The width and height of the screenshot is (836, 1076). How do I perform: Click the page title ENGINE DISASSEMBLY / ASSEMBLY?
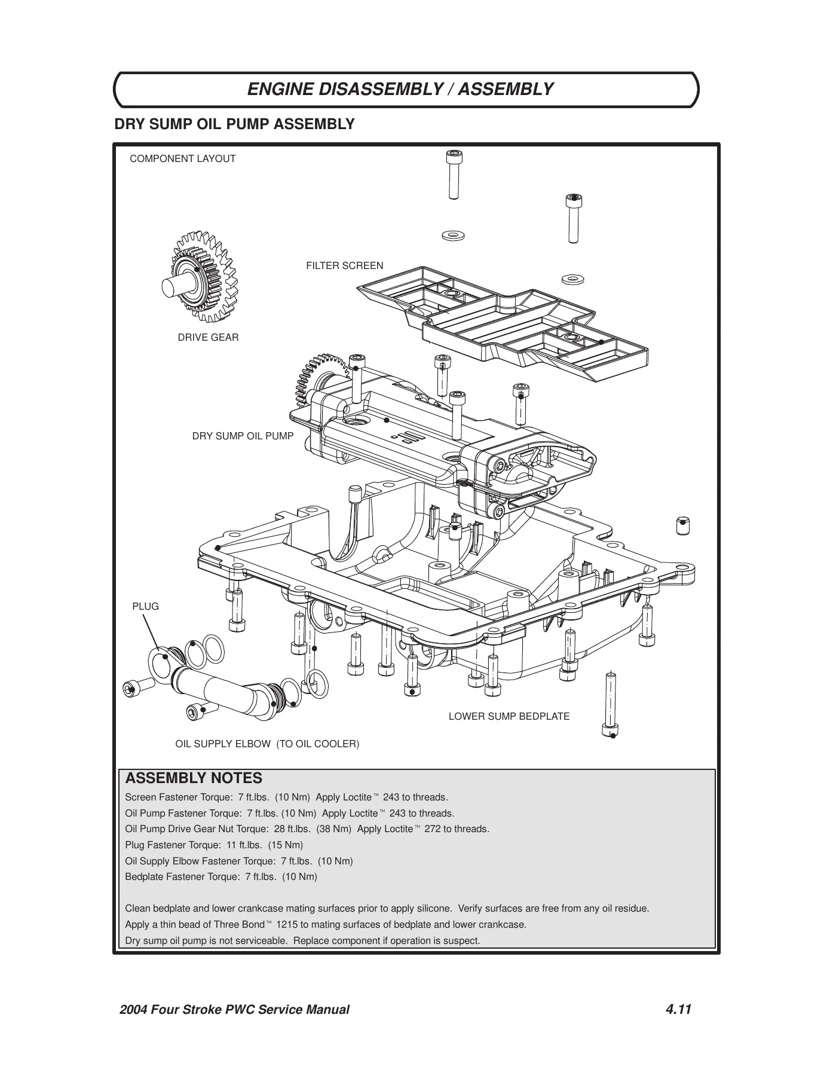click(400, 90)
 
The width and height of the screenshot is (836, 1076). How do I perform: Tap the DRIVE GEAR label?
click(208, 338)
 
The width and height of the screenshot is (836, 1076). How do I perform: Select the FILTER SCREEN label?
click(345, 266)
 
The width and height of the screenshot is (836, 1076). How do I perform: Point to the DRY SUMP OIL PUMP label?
click(243, 436)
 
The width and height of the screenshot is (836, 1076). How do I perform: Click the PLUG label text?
click(145, 607)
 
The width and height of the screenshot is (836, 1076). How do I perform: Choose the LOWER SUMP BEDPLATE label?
click(509, 717)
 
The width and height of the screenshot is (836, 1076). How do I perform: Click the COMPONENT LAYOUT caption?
click(183, 159)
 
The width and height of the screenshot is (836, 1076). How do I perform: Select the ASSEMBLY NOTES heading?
click(194, 778)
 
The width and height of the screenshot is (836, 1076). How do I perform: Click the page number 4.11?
click(678, 1010)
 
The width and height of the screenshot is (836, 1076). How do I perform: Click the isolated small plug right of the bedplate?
click(682, 525)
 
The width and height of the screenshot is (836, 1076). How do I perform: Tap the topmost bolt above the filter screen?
click(454, 175)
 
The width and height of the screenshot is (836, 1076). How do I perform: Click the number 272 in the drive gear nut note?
click(432, 829)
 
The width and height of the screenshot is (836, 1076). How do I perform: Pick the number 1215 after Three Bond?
click(287, 925)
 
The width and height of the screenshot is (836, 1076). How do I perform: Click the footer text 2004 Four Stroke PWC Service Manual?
click(234, 1010)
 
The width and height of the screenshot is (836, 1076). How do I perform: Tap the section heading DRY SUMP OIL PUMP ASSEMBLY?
click(234, 124)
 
